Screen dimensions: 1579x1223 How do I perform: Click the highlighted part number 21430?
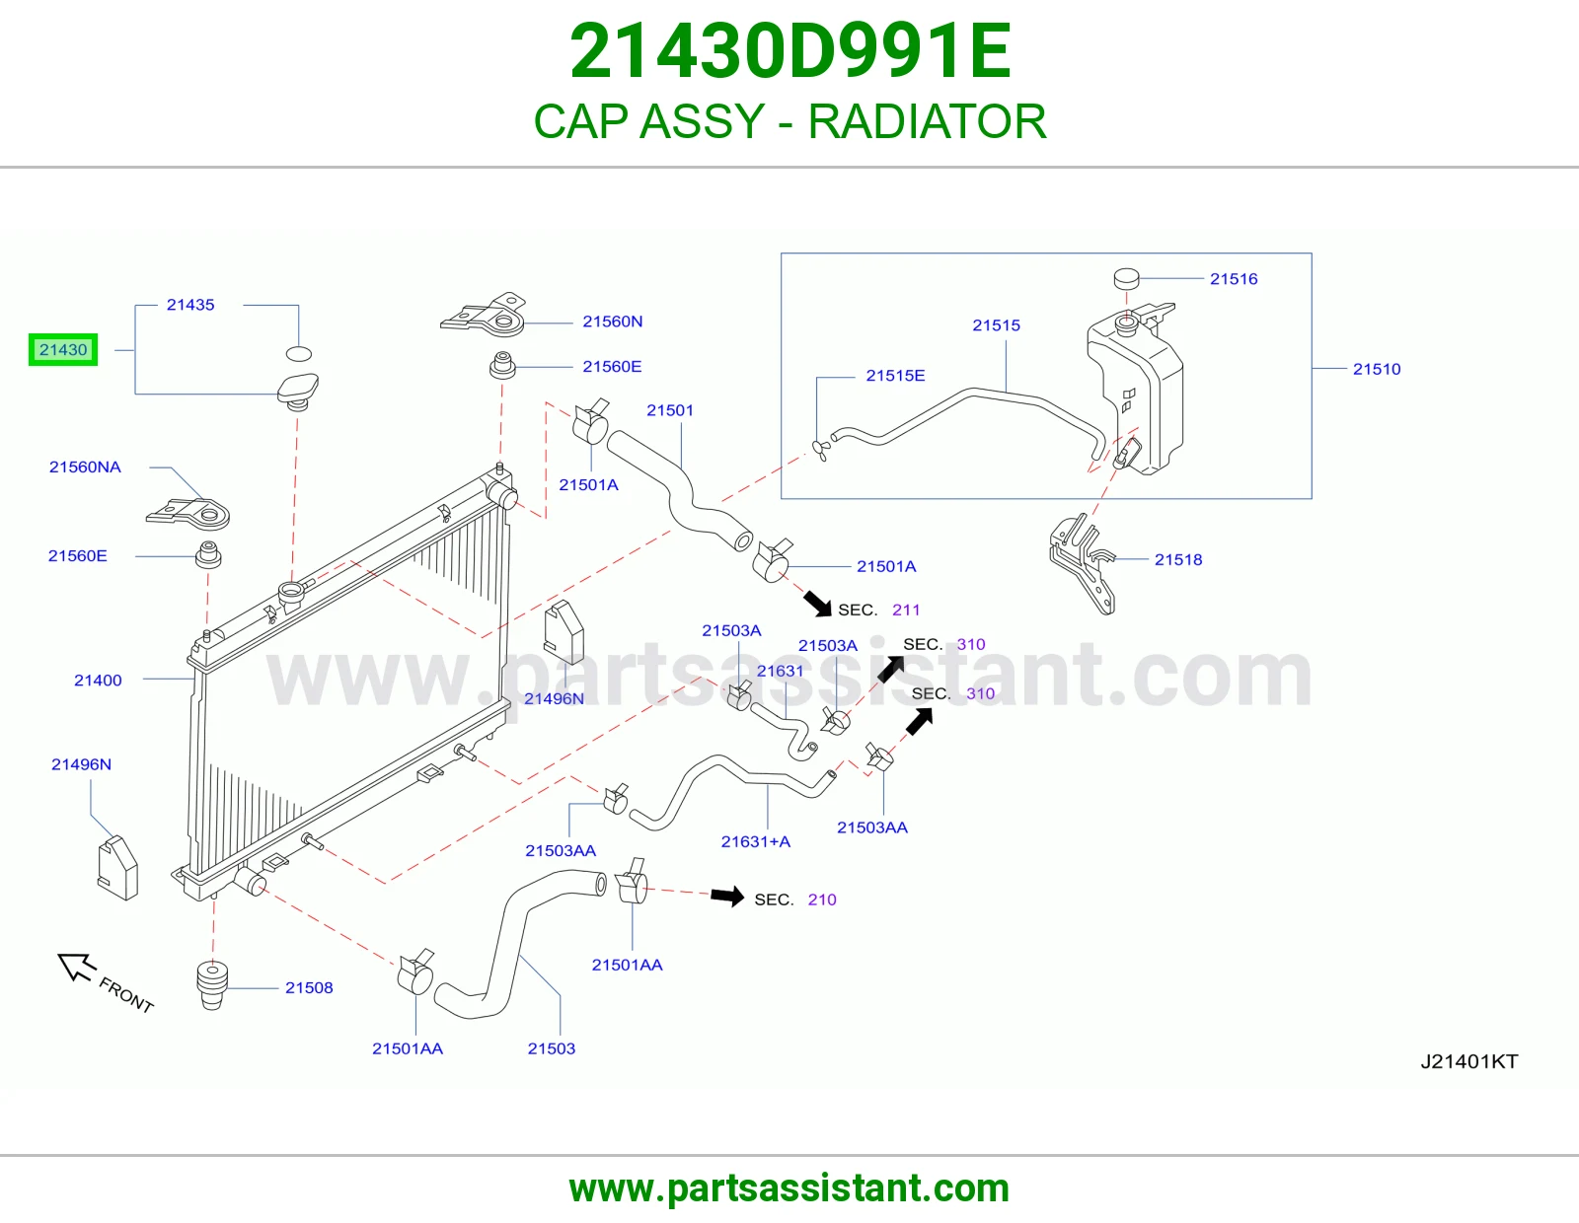pyautogui.click(x=63, y=350)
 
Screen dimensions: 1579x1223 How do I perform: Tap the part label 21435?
pyautogui.click(x=190, y=305)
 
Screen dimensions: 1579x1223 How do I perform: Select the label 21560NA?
pyautogui.click(x=85, y=467)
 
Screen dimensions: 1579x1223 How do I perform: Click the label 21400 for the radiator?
pyautogui.click(x=98, y=681)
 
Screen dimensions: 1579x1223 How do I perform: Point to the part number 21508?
pyautogui.click(x=309, y=987)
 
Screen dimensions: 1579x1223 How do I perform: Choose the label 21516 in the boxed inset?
pyautogui.click(x=1234, y=279)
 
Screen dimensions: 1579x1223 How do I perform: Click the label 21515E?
pyautogui.click(x=895, y=376)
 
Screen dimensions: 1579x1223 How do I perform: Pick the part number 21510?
pyautogui.click(x=1377, y=369)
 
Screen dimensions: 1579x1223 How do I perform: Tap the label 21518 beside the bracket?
pyautogui.click(x=1178, y=560)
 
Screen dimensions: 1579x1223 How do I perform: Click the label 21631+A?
pyautogui.click(x=756, y=841)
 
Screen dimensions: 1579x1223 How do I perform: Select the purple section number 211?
pyautogui.click(x=906, y=611)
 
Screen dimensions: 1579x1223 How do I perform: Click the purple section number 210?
pyautogui.click(x=822, y=899)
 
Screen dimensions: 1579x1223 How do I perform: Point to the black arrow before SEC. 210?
pyautogui.click(x=727, y=897)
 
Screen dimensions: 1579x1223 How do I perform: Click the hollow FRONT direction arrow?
pyautogui.click(x=76, y=967)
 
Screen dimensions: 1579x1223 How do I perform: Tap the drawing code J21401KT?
pyautogui.click(x=1469, y=1062)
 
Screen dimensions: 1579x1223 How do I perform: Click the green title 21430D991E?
pyautogui.click(x=790, y=51)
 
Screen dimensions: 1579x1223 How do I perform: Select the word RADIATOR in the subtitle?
pyautogui.click(x=928, y=121)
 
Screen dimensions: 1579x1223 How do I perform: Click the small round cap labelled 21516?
pyautogui.click(x=1126, y=278)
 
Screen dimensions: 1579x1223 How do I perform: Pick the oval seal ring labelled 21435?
pyautogui.click(x=299, y=354)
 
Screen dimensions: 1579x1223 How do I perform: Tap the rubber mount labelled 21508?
pyautogui.click(x=213, y=985)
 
